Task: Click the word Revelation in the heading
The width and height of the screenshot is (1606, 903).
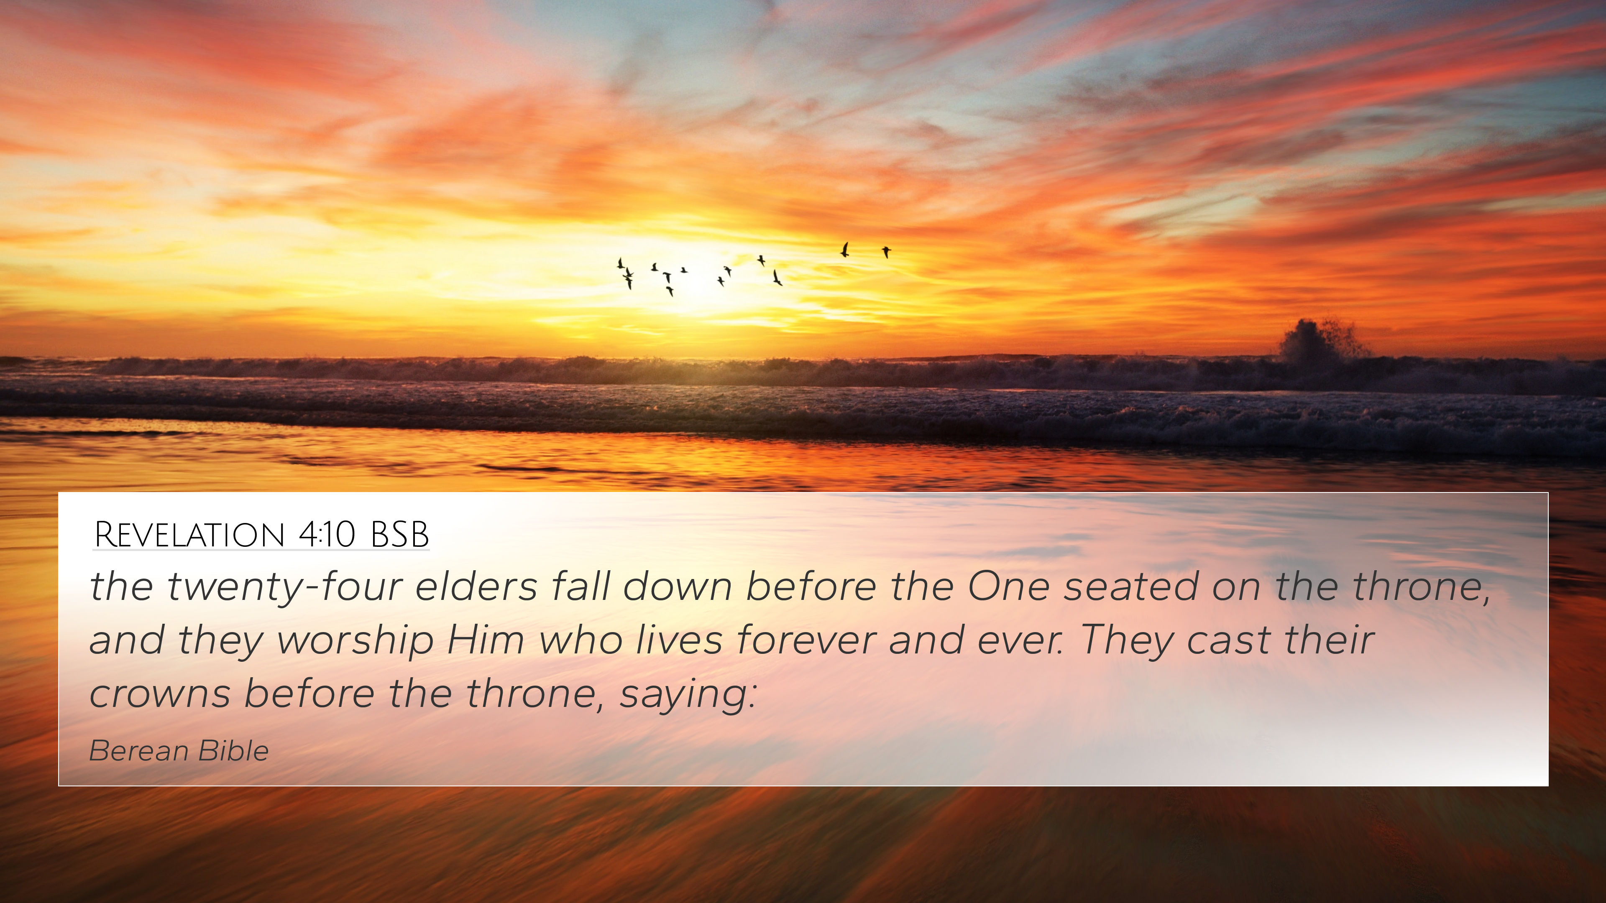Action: point(189,535)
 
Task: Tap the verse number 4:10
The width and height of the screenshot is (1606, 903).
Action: point(327,535)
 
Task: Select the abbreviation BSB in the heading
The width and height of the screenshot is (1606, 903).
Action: point(400,535)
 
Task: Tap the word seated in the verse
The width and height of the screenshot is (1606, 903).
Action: point(1130,587)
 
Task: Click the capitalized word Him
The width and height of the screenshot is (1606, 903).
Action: point(486,640)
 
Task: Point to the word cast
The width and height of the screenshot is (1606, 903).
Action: point(1228,640)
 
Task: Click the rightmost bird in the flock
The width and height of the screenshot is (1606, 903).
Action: point(886,252)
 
